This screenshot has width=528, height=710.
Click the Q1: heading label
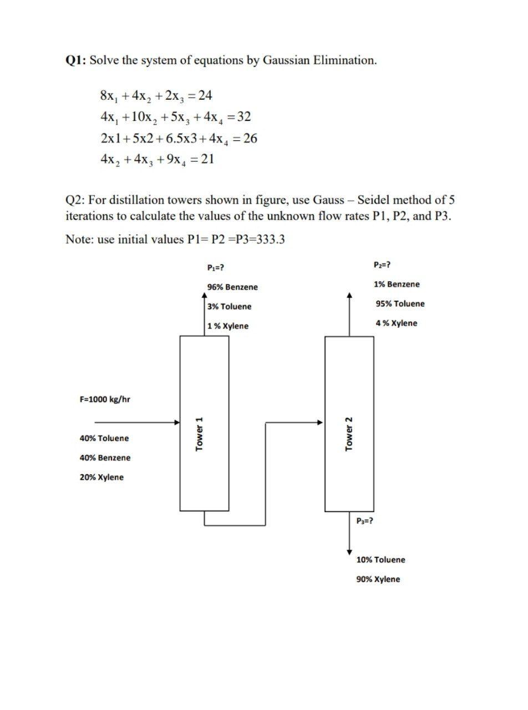[76, 60]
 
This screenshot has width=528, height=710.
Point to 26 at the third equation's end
[250, 138]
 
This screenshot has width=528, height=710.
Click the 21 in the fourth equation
[207, 160]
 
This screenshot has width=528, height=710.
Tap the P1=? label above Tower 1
[215, 267]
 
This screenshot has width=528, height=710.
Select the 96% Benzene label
[232, 287]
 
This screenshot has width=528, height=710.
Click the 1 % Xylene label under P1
[228, 326]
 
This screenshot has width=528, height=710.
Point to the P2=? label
[383, 265]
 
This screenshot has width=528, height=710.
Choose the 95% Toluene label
[400, 304]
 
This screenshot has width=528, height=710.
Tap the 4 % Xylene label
[396, 323]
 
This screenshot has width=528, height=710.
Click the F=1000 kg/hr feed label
[105, 399]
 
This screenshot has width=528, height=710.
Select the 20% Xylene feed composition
[101, 478]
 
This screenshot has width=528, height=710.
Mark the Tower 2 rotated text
[349, 434]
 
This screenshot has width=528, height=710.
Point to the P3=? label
[364, 521]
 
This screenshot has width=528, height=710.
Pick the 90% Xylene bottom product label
[378, 580]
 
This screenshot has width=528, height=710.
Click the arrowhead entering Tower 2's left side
[321, 422]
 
